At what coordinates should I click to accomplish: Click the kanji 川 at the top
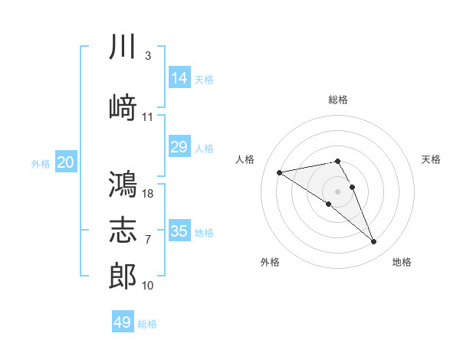123,46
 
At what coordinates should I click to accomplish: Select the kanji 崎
123,106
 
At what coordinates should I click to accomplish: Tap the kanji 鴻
123,184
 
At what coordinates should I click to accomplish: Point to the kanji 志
123,230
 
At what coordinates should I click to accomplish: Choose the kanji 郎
123,276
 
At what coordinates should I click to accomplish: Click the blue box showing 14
179,77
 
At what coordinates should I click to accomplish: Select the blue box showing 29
179,146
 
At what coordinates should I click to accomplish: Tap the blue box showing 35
179,230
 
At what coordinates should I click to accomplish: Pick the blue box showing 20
66,162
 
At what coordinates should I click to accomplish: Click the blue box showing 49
123,321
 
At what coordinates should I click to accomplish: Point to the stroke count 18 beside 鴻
147,194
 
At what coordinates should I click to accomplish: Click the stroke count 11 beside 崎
147,117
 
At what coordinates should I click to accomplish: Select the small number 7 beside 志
148,240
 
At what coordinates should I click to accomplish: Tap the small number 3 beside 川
148,56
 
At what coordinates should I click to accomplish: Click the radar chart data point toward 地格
374,241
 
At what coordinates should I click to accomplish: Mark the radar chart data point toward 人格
279,172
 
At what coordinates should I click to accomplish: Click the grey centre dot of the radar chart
337,191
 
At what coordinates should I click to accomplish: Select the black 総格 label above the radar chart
338,100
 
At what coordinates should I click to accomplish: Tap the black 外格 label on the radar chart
270,262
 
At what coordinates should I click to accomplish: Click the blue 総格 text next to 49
147,324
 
